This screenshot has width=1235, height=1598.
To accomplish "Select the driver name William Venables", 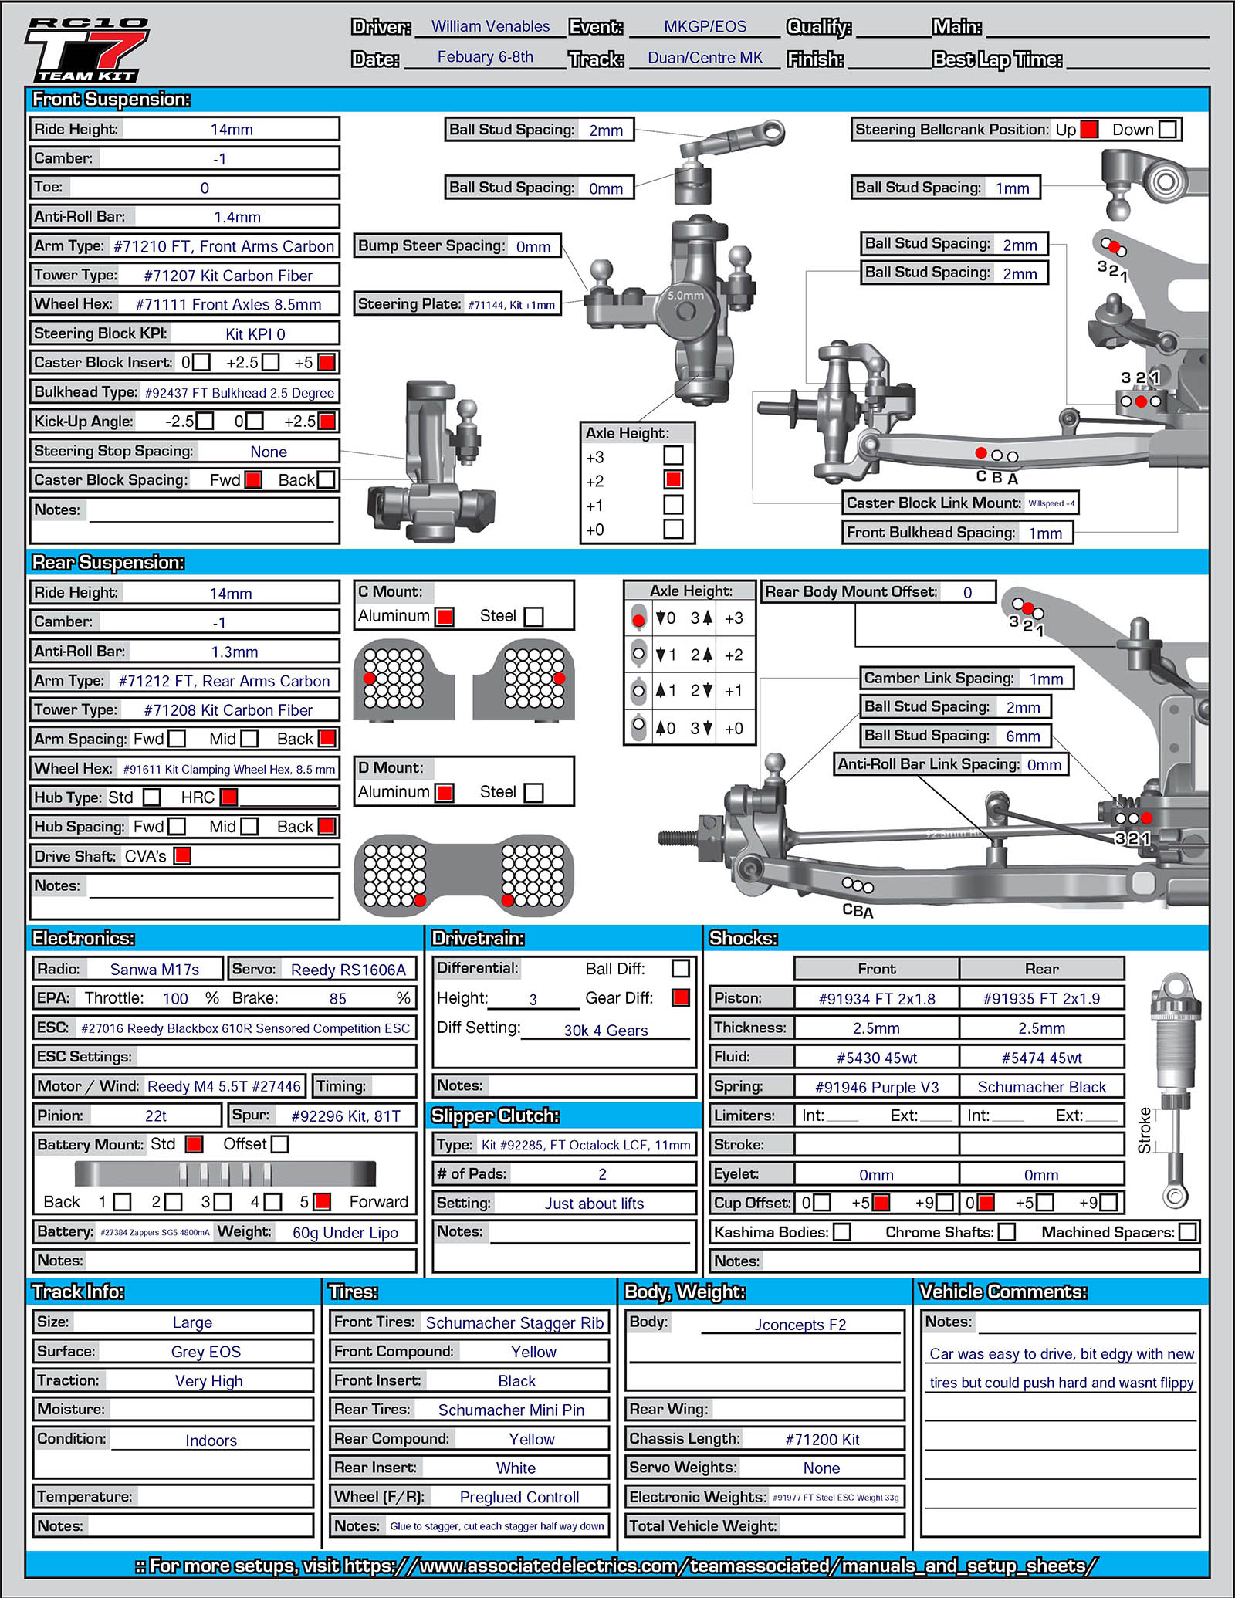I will coord(490,26).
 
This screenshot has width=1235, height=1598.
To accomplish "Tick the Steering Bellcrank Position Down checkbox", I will coord(1168,129).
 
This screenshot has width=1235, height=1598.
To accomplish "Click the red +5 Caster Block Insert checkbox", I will coord(327,362).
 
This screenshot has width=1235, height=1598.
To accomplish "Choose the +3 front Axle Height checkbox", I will coord(673,455).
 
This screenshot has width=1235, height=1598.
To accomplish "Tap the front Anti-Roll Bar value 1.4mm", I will coord(237,217).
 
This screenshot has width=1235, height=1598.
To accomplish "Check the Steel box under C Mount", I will coord(533,616).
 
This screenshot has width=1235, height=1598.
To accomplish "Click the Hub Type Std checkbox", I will coord(152,797).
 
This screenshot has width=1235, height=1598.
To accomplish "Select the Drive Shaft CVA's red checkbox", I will coord(182,855).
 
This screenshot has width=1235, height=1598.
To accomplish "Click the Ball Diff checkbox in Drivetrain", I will coord(680,968).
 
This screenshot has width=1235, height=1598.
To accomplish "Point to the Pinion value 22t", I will coord(156,1116).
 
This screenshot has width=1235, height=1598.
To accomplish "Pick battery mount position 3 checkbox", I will coord(222,1201).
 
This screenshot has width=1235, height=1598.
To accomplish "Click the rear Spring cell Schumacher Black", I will coord(1041,1087).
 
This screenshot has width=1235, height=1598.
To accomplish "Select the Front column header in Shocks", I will coord(877,968).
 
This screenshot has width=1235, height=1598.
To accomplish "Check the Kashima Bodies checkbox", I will coord(842,1231).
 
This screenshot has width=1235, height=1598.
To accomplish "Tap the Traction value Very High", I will coord(208,1380).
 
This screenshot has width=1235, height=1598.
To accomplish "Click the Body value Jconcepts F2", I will coord(800,1325).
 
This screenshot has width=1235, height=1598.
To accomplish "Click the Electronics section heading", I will coord(83,938).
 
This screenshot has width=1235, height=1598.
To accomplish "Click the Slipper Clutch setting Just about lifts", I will coord(594,1203).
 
